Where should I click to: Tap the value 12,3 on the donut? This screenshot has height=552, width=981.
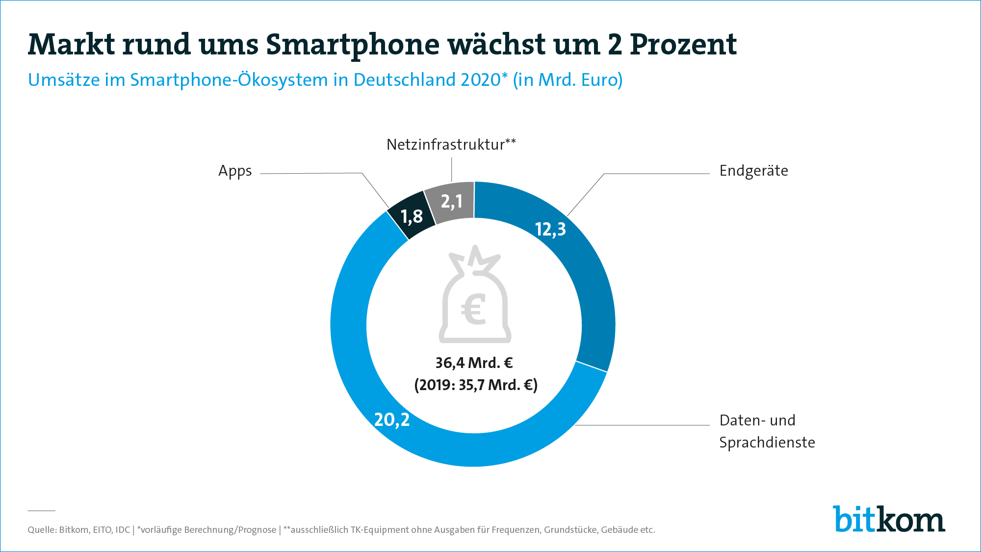550,229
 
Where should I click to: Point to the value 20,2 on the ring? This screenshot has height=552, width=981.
391,420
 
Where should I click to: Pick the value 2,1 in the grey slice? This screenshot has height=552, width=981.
452,201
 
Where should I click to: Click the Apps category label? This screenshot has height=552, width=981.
235,171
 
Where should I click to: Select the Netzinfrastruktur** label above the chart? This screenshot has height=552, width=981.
451,145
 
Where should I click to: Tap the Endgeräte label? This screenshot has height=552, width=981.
753,171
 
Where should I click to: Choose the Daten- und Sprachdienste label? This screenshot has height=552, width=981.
767,431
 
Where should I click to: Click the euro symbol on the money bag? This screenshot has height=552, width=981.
474,309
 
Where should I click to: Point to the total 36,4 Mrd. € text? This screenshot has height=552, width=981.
474,363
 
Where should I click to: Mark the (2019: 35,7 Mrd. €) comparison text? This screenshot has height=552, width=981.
476,385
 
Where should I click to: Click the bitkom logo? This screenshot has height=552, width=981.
888,519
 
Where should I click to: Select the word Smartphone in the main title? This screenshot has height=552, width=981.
353,45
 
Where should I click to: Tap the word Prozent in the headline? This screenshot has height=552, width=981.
683,45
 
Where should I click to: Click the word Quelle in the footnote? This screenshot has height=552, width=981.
41,530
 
